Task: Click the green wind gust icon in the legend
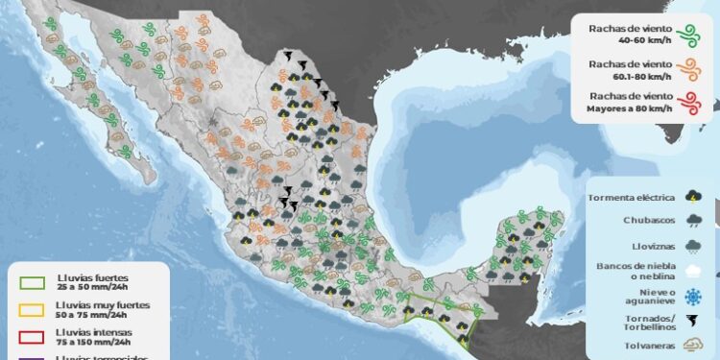687,36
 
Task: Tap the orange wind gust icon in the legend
687,69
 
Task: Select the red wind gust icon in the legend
687,102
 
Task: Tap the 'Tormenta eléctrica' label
631,198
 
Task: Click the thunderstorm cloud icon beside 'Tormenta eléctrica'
693,198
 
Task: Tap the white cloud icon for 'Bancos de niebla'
693,272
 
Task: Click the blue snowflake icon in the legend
693,296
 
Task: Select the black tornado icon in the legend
693,320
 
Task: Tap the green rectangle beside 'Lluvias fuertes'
31,282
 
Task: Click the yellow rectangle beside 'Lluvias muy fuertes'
31,309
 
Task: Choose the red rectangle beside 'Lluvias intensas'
31,335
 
